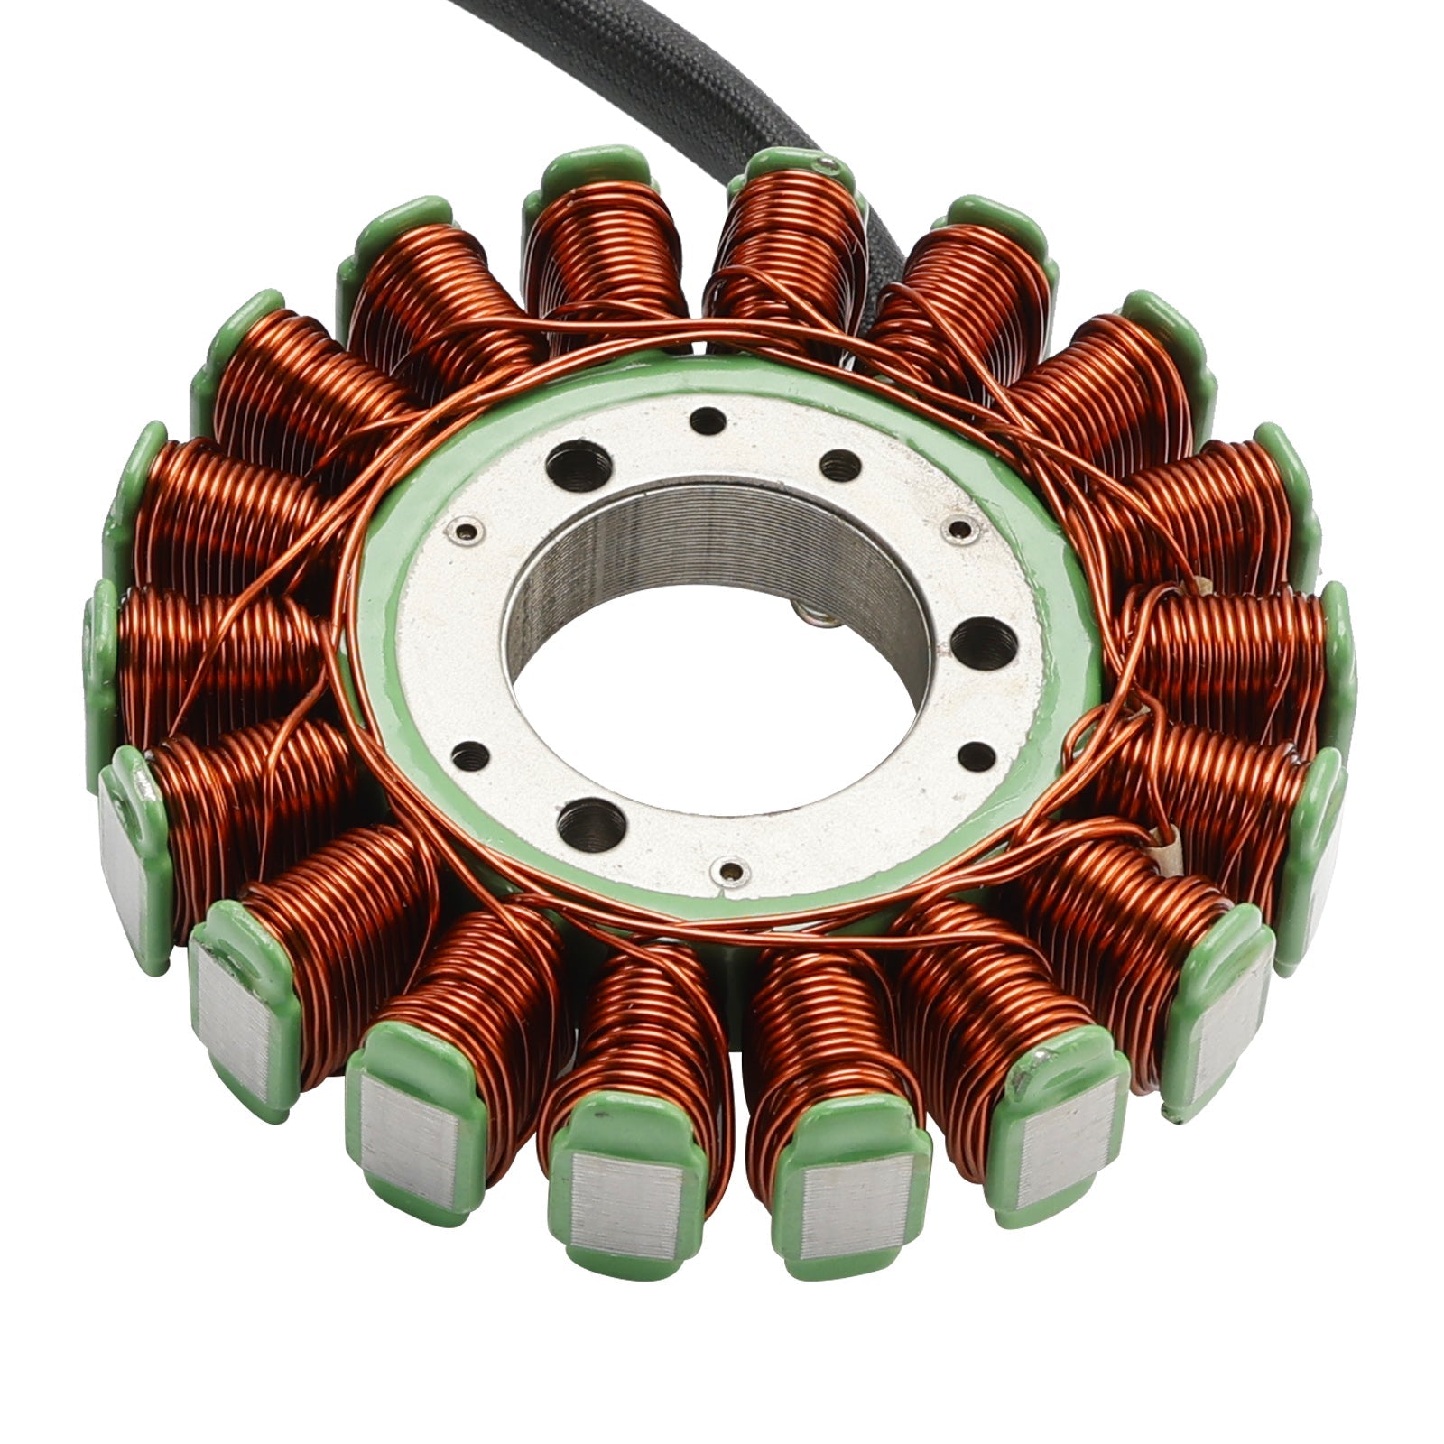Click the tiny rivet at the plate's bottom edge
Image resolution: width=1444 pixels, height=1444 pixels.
click(728, 870)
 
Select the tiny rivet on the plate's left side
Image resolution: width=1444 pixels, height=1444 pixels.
click(466, 530)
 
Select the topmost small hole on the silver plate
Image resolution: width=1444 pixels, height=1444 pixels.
click(706, 421)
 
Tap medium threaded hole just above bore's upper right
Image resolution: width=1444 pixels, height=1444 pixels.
click(839, 466)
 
